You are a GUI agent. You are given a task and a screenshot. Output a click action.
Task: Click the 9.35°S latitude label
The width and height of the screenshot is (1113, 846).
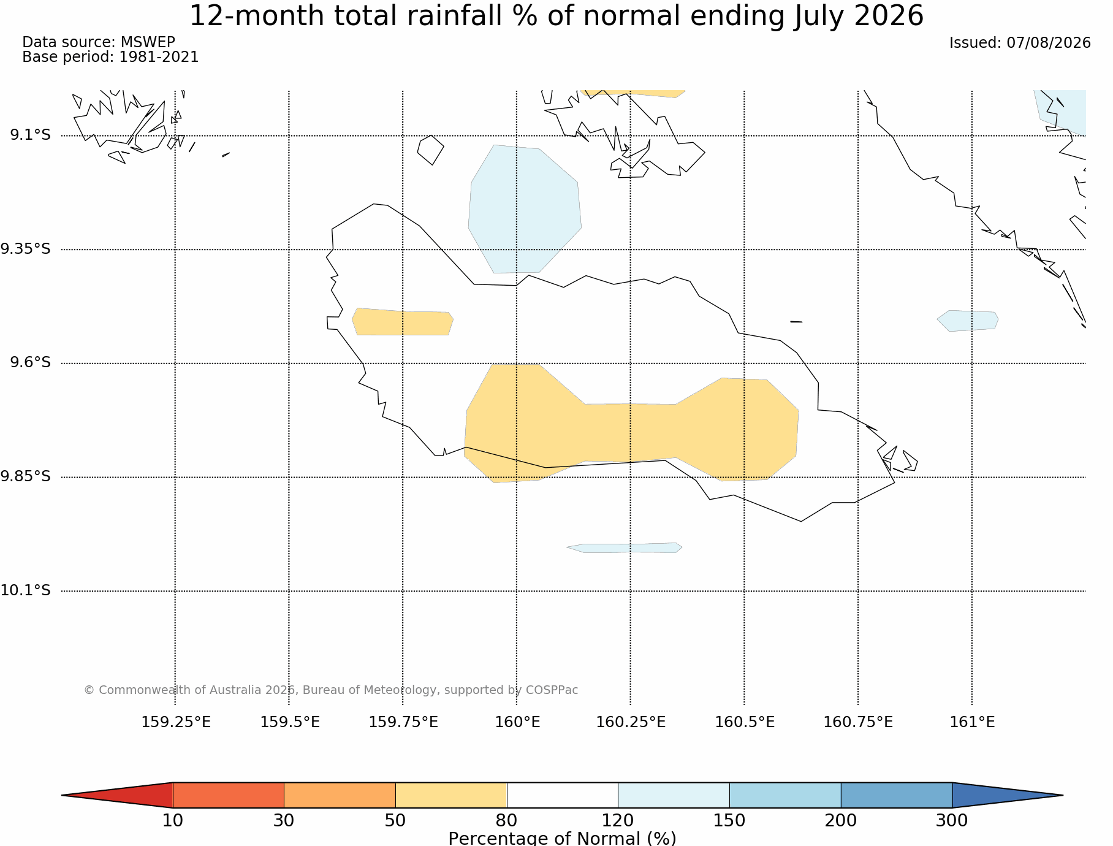point(25,249)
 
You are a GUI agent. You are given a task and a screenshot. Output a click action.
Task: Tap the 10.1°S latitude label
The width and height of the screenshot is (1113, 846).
point(25,590)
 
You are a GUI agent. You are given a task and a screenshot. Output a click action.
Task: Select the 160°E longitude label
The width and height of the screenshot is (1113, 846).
point(517,722)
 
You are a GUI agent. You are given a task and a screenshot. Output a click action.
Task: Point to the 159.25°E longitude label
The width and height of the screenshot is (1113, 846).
point(176,722)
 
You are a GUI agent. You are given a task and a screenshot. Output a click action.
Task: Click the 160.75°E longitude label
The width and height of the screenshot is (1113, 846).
point(858,722)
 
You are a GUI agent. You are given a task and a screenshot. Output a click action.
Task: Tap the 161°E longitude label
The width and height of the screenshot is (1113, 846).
point(972,722)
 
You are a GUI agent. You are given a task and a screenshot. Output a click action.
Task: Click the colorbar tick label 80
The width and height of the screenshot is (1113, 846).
point(507,820)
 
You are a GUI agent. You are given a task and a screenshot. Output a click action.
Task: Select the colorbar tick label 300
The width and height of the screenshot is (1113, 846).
point(952,820)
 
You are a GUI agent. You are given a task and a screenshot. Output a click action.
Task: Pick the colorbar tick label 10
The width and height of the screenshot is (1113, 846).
point(173,820)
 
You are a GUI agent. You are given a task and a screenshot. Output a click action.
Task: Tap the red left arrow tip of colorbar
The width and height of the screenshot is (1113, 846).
point(62,795)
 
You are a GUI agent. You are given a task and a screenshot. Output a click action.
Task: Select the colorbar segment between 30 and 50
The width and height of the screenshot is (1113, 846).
point(340,795)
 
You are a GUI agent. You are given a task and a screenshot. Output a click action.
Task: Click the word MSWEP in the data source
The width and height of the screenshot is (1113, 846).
point(148,42)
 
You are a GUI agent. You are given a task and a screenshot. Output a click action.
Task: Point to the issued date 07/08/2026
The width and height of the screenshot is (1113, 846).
point(1049,43)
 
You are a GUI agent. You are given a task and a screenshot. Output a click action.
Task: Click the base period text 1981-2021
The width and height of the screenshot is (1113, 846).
point(159,57)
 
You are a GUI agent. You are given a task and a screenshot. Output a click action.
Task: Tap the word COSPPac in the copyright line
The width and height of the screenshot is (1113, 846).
point(552,690)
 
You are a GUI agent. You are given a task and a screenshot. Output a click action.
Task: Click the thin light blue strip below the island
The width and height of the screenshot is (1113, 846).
point(625,547)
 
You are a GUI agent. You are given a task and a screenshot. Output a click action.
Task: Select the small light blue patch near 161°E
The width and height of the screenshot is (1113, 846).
point(968,321)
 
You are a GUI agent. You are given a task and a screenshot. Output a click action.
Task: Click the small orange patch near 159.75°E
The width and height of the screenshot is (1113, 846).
point(403,322)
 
